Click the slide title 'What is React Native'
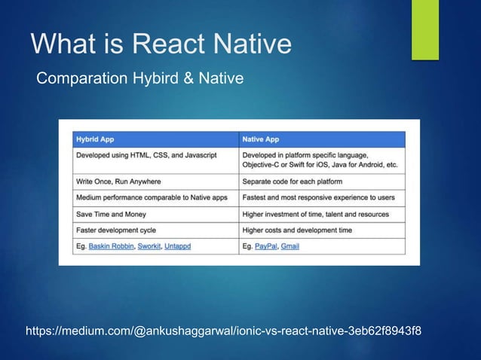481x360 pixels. coord(161,44)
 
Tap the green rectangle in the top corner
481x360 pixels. coord(424,29)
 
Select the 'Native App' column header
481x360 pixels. coord(261,139)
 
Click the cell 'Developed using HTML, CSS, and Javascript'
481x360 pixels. coord(146,154)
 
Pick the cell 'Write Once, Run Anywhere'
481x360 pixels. coord(118,182)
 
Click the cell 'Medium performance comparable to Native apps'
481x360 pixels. coord(151,197)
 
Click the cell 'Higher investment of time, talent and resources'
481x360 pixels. coord(316,214)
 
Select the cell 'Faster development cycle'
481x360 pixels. coord(115,230)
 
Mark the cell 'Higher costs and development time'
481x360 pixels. coord(296,230)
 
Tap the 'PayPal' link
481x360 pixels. coord(265,246)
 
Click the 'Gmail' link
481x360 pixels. coord(290,246)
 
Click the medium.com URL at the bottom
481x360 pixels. coord(224,331)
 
